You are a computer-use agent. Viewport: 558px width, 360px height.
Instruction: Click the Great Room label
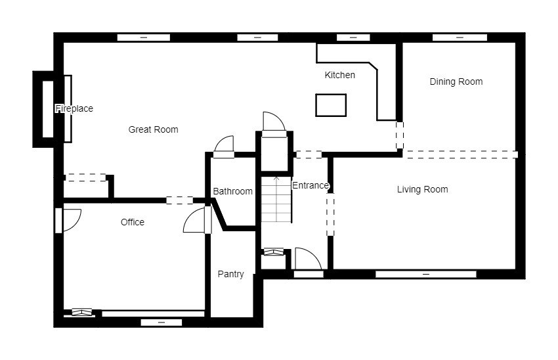pos(153,129)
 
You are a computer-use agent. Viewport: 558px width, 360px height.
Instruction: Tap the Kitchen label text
pos(340,75)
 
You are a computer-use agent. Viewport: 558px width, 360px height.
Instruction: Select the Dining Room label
pos(456,82)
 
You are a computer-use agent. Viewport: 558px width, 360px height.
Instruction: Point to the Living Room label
pos(422,189)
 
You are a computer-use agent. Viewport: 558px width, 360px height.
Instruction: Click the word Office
pos(133,222)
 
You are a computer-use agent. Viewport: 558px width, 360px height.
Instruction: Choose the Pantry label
pos(230,274)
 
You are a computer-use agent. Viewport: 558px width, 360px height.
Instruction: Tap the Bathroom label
pos(233,192)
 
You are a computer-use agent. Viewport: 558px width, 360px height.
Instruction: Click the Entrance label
pos(311,185)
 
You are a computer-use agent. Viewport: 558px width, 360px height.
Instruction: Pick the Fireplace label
pos(74,108)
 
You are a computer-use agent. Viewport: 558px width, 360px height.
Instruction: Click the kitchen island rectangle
pos(331,105)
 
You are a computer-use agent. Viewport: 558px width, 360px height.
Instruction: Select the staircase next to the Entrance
pos(276,200)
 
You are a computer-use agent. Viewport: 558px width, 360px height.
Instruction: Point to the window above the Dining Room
pos(460,37)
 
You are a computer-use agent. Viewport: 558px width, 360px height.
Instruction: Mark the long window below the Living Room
pos(426,274)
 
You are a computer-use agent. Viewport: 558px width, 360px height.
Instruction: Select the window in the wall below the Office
pos(161,323)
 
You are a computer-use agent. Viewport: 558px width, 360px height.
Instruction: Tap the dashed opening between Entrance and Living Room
pos(331,214)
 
